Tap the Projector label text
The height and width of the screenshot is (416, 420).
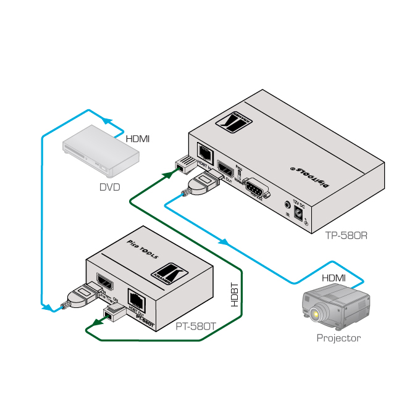[x=338, y=338]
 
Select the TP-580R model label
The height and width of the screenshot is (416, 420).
[x=351, y=235]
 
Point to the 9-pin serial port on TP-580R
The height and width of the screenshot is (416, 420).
[x=254, y=188]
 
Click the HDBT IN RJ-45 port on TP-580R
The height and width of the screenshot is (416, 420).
[x=204, y=152]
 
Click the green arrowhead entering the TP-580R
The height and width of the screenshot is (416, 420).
[x=166, y=175]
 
